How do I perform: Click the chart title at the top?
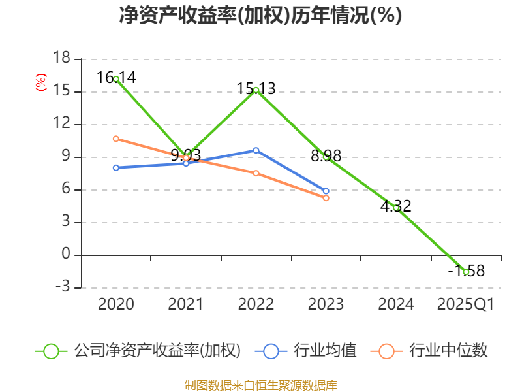coord(261,15)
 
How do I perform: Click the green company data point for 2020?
coord(116,79)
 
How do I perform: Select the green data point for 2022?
coord(256,90)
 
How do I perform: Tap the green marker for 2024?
coord(396,208)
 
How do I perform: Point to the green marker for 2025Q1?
coord(466,272)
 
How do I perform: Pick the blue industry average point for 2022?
coord(256,150)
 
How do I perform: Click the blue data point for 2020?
coord(116,168)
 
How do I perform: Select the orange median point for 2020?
coord(116,139)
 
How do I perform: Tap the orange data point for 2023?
coord(326,198)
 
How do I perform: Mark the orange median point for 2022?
coord(256,173)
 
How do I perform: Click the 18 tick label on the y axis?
coord(61,59)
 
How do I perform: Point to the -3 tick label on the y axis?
coord(61,287)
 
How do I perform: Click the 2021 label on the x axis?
coord(186,304)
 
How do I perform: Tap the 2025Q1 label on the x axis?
coord(466,304)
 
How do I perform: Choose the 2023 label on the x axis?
coord(326,304)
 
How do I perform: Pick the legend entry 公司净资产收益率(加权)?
coord(140,351)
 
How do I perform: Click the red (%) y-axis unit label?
coord(41,83)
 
